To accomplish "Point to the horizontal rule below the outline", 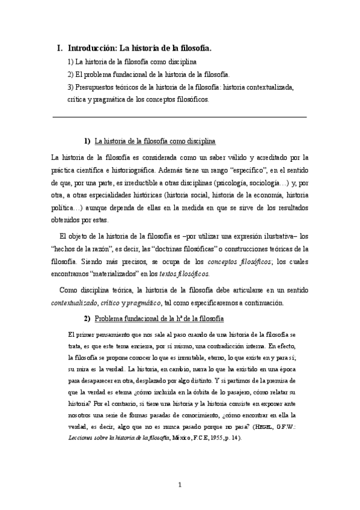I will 180,117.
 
